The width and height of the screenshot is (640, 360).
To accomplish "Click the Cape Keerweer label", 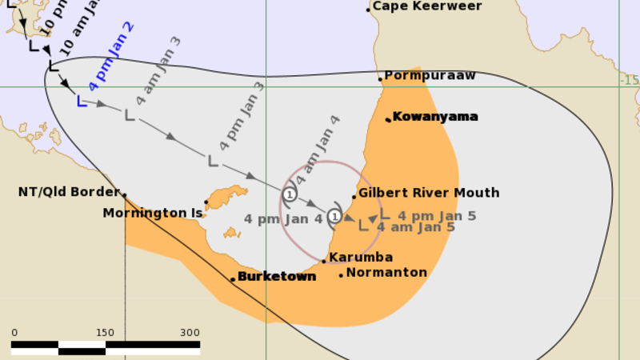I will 427,6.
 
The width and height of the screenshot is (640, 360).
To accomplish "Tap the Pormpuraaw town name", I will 430,76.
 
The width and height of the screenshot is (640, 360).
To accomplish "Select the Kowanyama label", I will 435,117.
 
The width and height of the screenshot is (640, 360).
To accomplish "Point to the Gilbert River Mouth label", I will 429,193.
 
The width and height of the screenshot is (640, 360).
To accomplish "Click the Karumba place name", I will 361,258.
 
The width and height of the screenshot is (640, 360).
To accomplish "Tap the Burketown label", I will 277,277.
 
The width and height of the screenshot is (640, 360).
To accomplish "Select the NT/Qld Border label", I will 68,193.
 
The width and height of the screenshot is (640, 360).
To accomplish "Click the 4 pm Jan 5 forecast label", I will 437,216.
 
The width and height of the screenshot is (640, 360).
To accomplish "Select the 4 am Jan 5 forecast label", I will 416,227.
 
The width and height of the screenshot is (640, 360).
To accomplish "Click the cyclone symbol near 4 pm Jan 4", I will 334,216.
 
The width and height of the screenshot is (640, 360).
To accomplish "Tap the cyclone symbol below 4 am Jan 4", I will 290,194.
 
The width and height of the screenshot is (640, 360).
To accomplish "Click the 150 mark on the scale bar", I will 105,333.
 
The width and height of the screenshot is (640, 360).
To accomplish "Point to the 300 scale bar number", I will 190,333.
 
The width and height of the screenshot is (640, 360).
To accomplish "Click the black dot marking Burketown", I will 233,279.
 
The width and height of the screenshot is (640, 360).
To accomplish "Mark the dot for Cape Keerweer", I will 368,10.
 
